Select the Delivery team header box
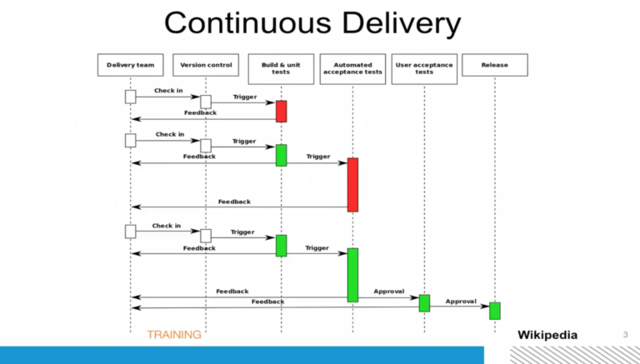click(x=131, y=65)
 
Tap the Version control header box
click(x=205, y=65)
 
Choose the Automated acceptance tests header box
click(x=352, y=68)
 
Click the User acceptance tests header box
click(x=424, y=68)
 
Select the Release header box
click(x=494, y=65)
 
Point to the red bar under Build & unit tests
click(x=281, y=111)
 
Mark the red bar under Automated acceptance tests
click(x=352, y=184)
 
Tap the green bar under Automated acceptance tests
click(x=352, y=274)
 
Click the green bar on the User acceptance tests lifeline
click(x=424, y=302)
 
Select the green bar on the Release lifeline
click(x=494, y=310)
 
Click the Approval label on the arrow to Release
click(x=460, y=301)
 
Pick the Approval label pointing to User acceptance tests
click(x=388, y=292)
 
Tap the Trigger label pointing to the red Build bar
click(x=245, y=97)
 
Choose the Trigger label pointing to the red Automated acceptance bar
click(x=317, y=156)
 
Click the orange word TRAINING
click(x=174, y=335)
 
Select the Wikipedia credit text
click(x=547, y=335)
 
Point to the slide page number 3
click(x=625, y=335)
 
